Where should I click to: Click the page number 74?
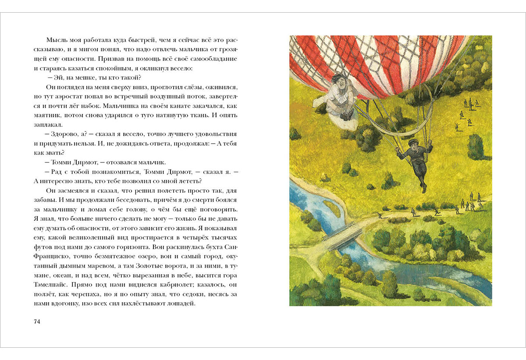37,322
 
